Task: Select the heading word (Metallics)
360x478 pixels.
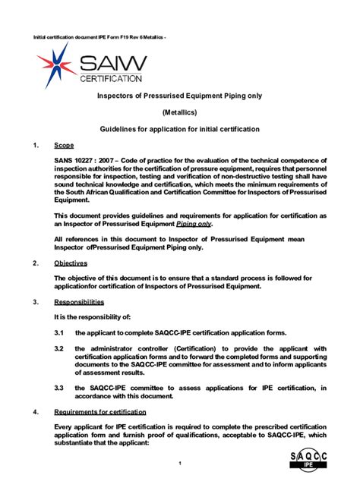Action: coord(179,112)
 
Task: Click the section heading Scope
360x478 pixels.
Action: coord(64,144)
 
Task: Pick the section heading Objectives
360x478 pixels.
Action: coord(71,263)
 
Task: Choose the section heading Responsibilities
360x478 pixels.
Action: coord(79,302)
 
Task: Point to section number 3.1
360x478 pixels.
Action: coord(58,333)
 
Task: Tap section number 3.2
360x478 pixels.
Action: coord(58,348)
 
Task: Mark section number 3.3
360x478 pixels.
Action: coord(58,388)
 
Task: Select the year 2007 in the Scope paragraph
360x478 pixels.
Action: coord(112,160)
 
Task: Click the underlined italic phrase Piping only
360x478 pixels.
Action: coord(194,225)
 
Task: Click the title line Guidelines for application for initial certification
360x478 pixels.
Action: coord(180,129)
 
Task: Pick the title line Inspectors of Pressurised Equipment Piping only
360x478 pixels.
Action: coord(180,96)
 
